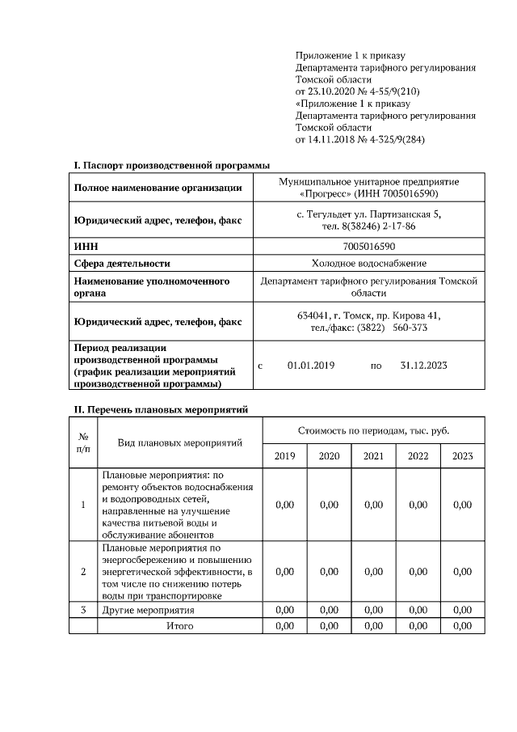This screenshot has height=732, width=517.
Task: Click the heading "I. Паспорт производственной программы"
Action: coord(171,165)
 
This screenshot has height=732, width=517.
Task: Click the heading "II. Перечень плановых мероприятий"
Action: coord(162,410)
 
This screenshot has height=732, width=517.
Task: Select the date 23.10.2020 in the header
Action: coord(334,91)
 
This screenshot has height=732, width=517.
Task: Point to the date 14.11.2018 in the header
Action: coord(334,139)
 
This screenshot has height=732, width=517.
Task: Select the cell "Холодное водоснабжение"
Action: coord(369,263)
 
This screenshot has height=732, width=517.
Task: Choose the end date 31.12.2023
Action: coord(424,366)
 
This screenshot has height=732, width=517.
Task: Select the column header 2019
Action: coord(284,456)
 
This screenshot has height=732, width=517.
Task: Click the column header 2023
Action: coord(462,456)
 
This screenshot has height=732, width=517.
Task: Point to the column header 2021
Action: coord(373,456)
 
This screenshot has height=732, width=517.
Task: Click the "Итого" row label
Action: coord(179,626)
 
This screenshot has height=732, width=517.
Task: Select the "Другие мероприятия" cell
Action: coord(149,609)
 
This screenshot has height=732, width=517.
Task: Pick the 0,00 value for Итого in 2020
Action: coord(329,626)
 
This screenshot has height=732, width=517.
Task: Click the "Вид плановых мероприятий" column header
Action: coord(179,443)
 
